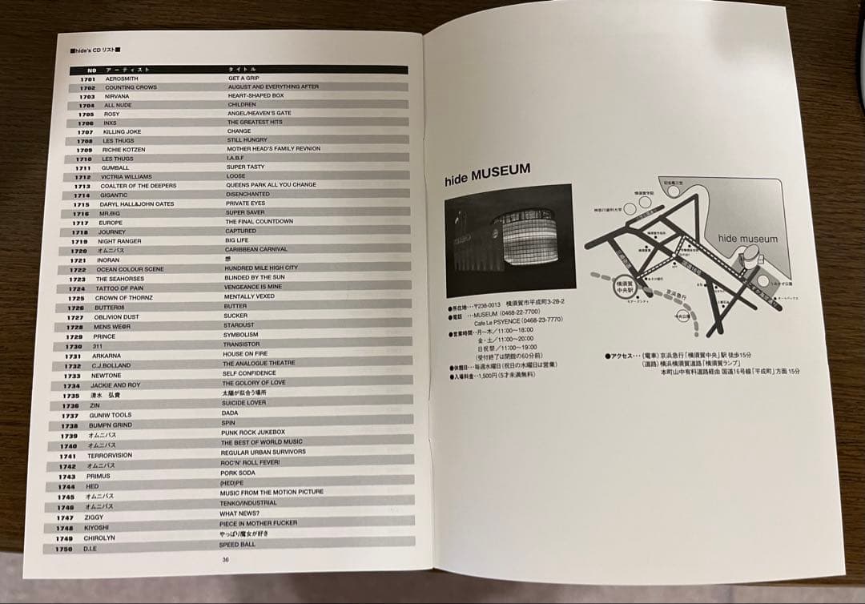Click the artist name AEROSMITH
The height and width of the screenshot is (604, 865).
(121, 79)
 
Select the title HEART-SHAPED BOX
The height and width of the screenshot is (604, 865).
(255, 95)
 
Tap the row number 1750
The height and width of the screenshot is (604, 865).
(64, 550)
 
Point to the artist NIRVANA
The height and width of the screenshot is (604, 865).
(116, 96)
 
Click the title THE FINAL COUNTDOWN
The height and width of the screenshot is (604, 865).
(259, 221)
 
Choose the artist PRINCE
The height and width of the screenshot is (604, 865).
(104, 337)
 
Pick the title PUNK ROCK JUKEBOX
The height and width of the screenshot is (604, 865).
(253, 432)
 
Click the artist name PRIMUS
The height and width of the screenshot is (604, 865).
(99, 476)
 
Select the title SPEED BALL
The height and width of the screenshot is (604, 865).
(237, 545)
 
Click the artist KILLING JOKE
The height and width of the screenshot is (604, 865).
(122, 131)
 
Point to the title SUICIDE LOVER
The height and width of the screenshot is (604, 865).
(244, 402)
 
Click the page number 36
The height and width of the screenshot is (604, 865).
(226, 560)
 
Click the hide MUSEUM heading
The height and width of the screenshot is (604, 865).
(487, 174)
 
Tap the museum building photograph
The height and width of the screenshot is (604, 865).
(509, 239)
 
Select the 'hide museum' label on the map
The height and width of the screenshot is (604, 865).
(747, 239)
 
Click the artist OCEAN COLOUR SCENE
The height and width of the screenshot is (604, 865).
(130, 269)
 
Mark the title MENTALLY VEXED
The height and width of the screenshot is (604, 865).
(249, 296)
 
